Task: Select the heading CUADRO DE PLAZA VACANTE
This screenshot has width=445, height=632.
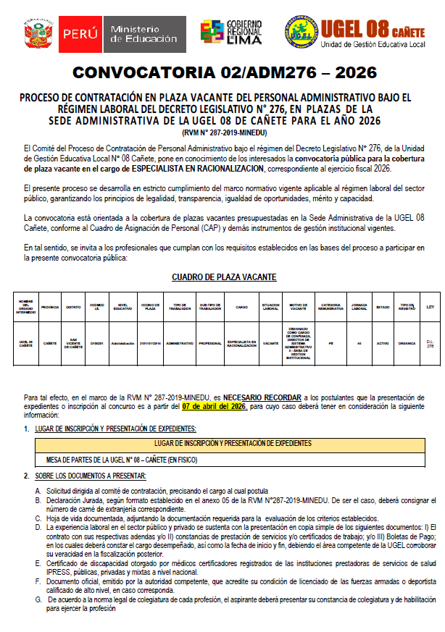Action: [x=224, y=277]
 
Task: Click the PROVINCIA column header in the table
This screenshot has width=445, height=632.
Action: [x=50, y=307]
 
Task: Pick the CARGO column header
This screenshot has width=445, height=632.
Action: [x=241, y=307]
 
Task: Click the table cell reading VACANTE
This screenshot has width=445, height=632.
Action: [x=271, y=343]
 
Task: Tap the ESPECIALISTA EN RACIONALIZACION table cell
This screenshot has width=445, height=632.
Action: [x=241, y=343]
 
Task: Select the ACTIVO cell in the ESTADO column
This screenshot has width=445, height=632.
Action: [x=383, y=343]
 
